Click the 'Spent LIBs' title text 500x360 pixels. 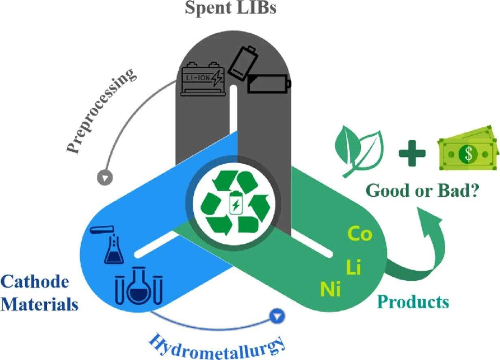click(230, 8)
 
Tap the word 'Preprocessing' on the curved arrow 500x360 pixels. click(100, 111)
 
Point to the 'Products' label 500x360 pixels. click(413, 302)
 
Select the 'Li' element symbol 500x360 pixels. click(353, 268)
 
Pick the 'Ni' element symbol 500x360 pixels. click(330, 289)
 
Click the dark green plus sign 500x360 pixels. click(412, 153)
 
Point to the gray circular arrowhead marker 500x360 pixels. click(105, 178)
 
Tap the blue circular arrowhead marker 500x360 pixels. click(277, 315)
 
